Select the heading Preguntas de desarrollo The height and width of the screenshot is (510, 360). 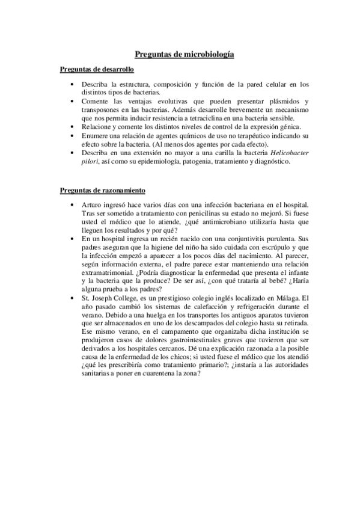pyautogui.click(x=97, y=70)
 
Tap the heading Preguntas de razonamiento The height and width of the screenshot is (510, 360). pyautogui.click(x=102, y=191)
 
